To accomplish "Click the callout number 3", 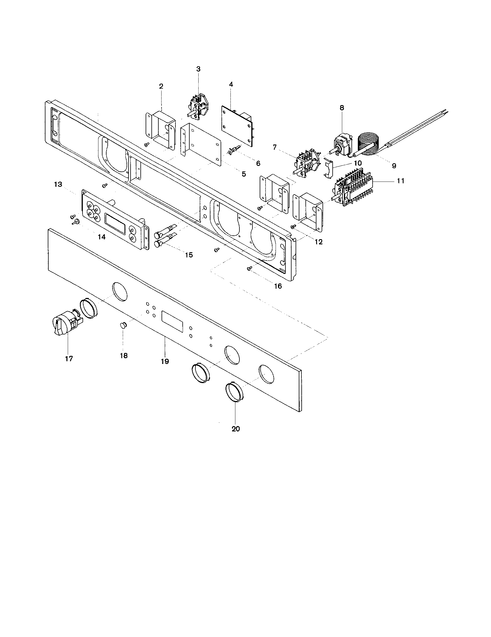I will (x=198, y=69).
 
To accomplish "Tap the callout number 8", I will (x=342, y=108).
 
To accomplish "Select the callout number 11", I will (x=401, y=181).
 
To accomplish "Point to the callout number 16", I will (x=278, y=286).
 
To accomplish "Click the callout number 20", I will (x=236, y=429).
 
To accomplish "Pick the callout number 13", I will (x=58, y=184).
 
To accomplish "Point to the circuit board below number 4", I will (x=237, y=125).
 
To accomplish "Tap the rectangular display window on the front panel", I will (x=172, y=322).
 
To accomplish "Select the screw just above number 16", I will (x=249, y=269).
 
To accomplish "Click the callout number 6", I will (x=258, y=163).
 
